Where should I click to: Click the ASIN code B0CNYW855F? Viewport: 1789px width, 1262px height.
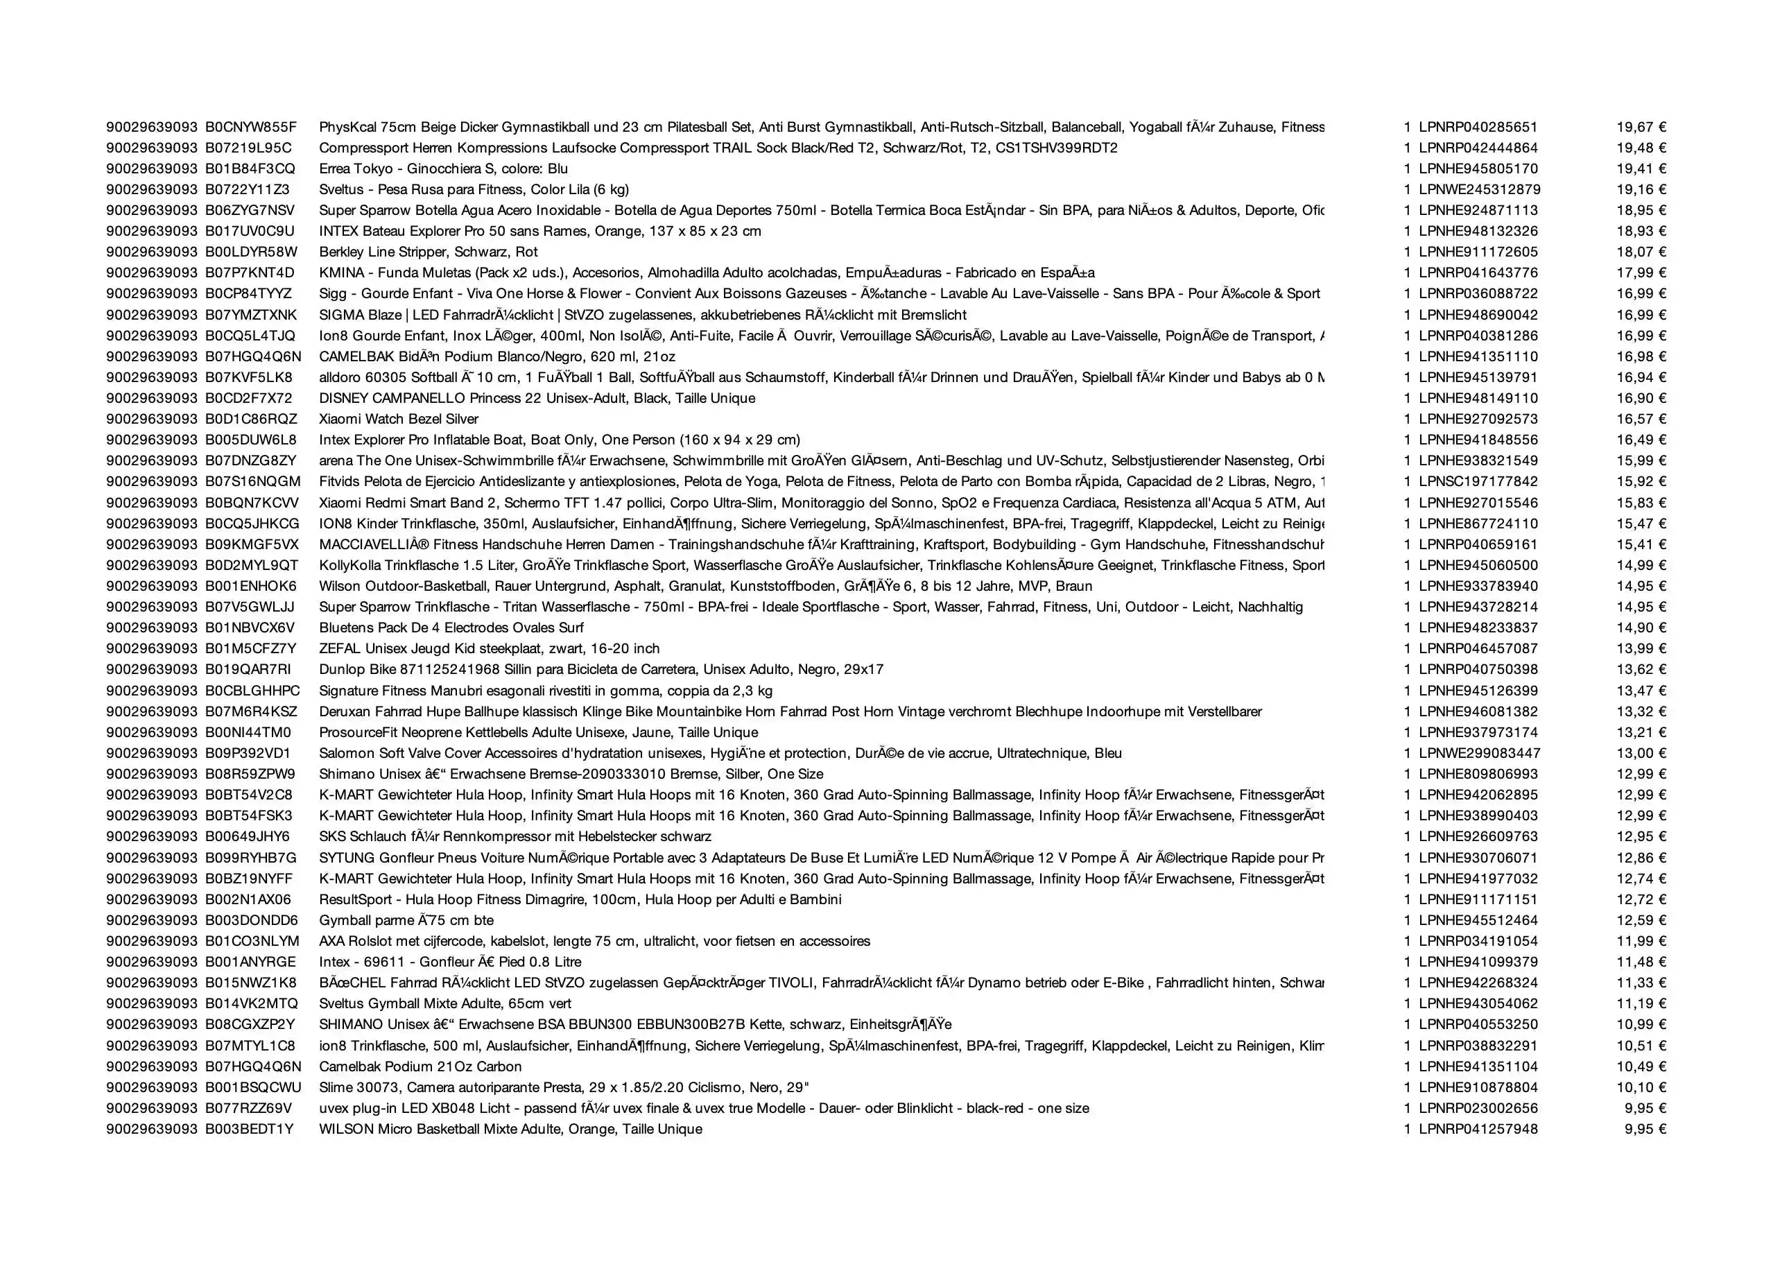[251, 127]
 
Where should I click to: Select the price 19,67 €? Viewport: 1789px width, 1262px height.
[1641, 127]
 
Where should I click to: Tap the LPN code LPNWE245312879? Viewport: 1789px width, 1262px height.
[1479, 189]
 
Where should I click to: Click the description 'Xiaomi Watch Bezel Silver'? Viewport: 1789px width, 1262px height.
[398, 419]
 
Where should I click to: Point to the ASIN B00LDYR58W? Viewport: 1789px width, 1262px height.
[251, 252]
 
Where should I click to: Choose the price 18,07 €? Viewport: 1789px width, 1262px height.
[1641, 252]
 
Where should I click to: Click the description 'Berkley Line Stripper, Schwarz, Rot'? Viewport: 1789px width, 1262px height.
[428, 252]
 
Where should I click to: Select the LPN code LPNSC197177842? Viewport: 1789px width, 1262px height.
[1478, 481]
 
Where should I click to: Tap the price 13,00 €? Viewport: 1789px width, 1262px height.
[1641, 753]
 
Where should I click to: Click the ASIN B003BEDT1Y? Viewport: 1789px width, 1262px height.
[250, 1129]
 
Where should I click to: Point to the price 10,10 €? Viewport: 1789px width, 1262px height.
[1641, 1087]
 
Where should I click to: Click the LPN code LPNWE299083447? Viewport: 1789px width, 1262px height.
[1479, 753]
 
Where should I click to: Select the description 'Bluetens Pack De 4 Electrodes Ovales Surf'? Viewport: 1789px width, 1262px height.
[451, 628]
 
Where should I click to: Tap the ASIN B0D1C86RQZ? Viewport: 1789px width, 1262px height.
[251, 419]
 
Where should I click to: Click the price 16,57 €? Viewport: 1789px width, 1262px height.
[1641, 419]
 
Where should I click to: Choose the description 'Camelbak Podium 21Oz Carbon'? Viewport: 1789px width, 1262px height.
[420, 1066]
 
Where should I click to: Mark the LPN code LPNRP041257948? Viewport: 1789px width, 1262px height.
[1478, 1129]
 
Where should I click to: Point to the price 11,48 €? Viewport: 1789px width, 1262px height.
[1641, 962]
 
